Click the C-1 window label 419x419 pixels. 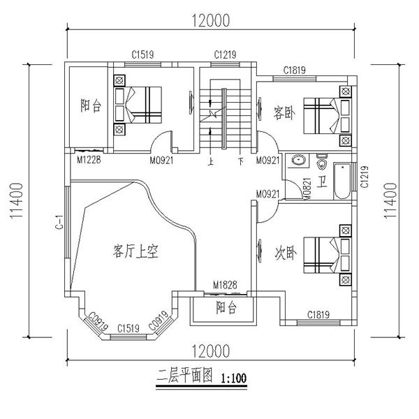pyautogui.click(x=61, y=223)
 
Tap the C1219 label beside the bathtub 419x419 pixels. pyautogui.click(x=363, y=181)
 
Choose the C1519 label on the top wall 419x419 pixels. pyautogui.click(x=142, y=54)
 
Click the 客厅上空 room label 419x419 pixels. pyautogui.click(x=136, y=251)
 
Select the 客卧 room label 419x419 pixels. pyautogui.click(x=283, y=112)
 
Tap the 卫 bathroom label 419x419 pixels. pyautogui.click(x=322, y=183)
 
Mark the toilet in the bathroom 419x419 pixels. pyautogui.click(x=323, y=163)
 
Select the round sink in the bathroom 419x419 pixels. pyautogui.click(x=298, y=160)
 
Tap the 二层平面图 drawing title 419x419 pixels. pyautogui.click(x=185, y=378)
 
